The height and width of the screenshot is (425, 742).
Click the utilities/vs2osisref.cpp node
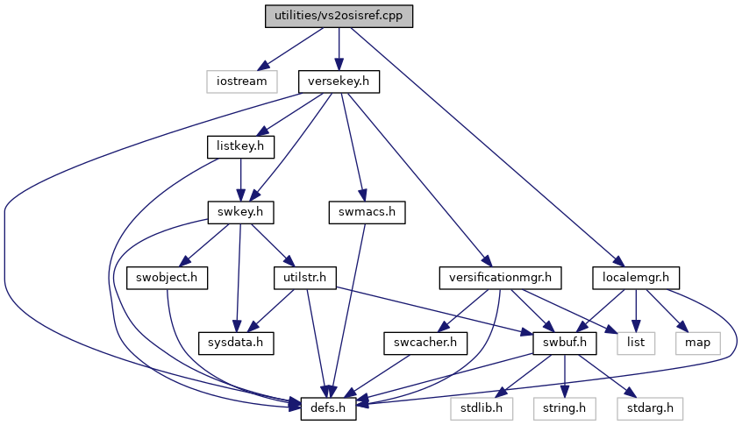[x=339, y=16]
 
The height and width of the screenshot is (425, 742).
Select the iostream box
[x=242, y=81]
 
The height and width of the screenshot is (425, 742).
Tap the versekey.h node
[x=339, y=81]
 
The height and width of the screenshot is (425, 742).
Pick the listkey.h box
[x=240, y=146]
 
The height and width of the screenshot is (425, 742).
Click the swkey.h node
[x=240, y=212]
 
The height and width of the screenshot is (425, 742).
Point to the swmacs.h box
[x=367, y=212]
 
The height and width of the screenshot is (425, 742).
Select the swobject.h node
[x=167, y=278]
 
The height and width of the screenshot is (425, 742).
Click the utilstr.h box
[x=305, y=278]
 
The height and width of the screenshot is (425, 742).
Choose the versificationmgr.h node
[x=500, y=278]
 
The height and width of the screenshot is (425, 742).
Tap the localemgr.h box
[x=636, y=278]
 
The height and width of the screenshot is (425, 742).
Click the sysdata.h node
[x=236, y=343]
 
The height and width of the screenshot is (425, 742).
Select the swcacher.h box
[x=425, y=343]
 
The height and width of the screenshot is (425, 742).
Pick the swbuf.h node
[x=565, y=343]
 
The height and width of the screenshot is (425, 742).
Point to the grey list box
[x=636, y=343]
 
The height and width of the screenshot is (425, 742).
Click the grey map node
[x=698, y=343]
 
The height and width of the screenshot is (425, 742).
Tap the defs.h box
[x=328, y=408]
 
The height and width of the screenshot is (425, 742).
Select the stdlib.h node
[x=482, y=408]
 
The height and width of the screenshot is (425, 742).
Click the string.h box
[x=565, y=408]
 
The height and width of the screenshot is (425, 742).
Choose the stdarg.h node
[x=650, y=408]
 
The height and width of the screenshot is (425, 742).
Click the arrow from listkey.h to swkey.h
[x=240, y=180]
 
